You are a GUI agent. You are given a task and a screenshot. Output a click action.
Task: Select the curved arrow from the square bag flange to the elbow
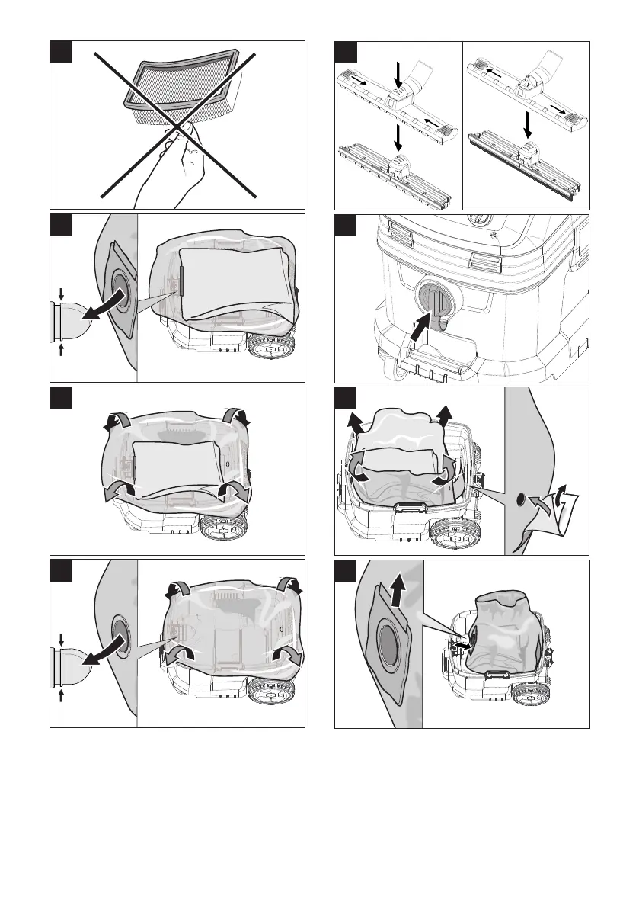pos(104,306)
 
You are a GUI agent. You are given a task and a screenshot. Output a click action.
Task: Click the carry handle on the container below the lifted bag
pos(410,507)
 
